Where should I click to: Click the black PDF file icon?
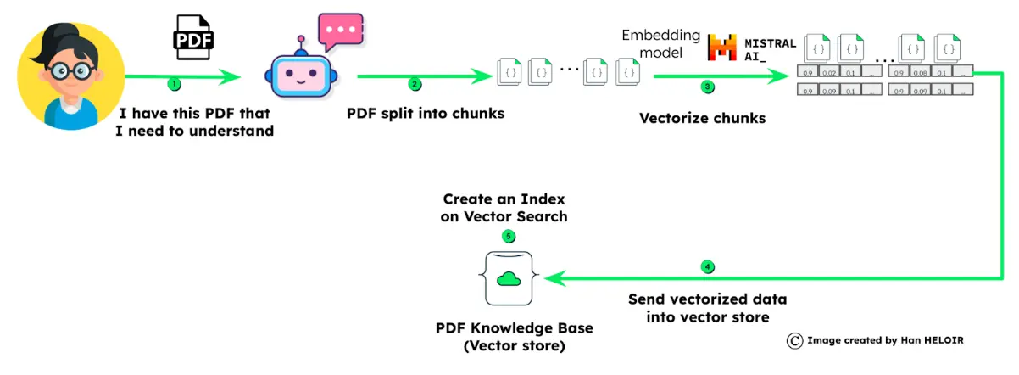pyautogui.click(x=193, y=36)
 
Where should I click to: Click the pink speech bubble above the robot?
pyautogui.click(x=339, y=33)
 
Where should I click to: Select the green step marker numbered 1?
pyautogui.click(x=175, y=84)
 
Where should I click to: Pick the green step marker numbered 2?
pyautogui.click(x=415, y=84)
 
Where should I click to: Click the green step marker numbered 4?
pyautogui.click(x=708, y=266)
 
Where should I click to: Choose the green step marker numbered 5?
pyautogui.click(x=508, y=237)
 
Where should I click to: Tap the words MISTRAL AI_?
pyautogui.click(x=770, y=48)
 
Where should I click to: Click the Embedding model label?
pyautogui.click(x=661, y=43)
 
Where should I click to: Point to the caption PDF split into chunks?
pyautogui.click(x=426, y=112)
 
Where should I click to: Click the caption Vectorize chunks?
pyautogui.click(x=702, y=118)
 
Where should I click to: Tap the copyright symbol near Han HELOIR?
pyautogui.click(x=794, y=340)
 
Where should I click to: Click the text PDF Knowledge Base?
pyautogui.click(x=508, y=328)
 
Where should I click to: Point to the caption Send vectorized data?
pyautogui.click(x=707, y=299)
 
